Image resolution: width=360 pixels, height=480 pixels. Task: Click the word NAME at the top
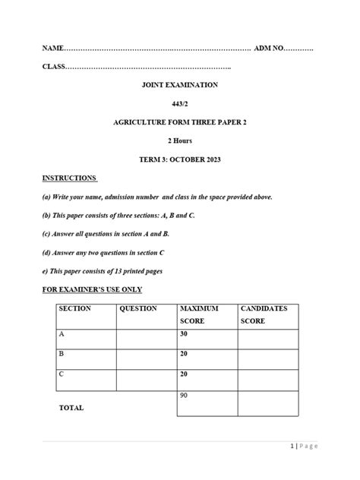52,49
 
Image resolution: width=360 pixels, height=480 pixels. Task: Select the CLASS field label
54,68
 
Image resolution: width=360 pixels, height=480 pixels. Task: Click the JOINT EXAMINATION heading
179,85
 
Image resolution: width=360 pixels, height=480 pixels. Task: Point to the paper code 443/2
179,103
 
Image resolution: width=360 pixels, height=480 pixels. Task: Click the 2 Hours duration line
179,141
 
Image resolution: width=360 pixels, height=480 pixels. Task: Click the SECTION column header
74,309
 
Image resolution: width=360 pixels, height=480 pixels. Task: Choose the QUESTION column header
138,309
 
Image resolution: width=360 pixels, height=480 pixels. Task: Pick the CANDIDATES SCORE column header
264,315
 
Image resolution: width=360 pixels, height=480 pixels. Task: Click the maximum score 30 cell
184,334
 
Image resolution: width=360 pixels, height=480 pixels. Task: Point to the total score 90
184,396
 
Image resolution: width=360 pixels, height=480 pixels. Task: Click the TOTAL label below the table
71,408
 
